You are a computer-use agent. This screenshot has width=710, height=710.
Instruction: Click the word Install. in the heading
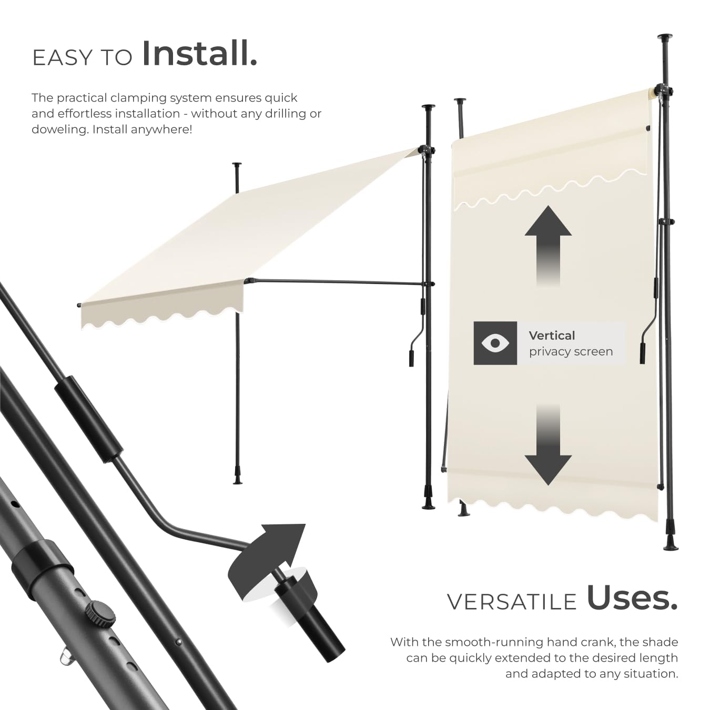[x=200, y=54]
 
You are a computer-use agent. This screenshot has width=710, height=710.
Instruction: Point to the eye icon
[x=495, y=343]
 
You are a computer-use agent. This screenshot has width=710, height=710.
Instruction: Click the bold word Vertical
[x=552, y=336]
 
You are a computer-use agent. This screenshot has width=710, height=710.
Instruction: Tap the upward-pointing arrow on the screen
[x=548, y=246]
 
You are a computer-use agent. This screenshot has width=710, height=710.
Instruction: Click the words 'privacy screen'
[x=571, y=352]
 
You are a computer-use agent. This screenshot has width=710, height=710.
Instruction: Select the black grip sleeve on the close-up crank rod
[x=89, y=419]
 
